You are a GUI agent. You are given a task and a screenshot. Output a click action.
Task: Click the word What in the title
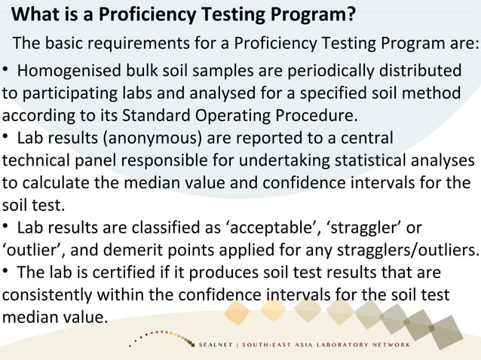click(x=36, y=14)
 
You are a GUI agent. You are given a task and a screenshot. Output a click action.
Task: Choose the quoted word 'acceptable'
click(x=272, y=227)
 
